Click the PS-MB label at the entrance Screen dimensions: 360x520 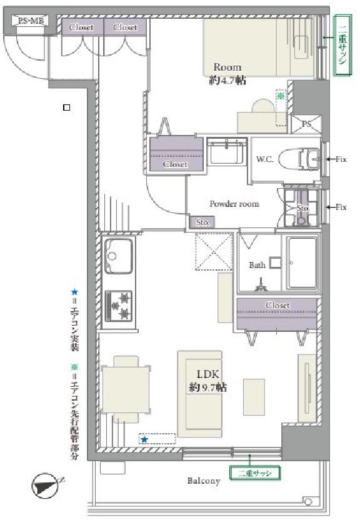pos(29,21)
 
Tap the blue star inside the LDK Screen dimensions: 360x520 pos(144,439)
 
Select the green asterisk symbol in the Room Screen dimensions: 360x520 pos(281,96)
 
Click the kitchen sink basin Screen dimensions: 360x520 pos(118,256)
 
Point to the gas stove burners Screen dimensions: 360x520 pos(119,306)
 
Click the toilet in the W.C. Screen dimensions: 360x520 pos(299,159)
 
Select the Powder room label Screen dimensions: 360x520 pos(234,204)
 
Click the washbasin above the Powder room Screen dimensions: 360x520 pos(227,151)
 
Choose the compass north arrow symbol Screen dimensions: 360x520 pos(46,486)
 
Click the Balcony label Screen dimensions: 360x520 pos(204,481)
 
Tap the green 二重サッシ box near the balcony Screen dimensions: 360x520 pos(255,473)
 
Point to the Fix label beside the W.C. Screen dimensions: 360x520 pos(341,159)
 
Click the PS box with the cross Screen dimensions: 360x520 pos(306,124)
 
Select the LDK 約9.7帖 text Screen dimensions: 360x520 pos(208,381)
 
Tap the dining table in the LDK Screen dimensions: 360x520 pos(125,389)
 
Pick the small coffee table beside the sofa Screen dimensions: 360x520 pos(254,397)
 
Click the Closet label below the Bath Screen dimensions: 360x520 pos(277,305)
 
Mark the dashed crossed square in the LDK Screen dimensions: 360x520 pos(214,252)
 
